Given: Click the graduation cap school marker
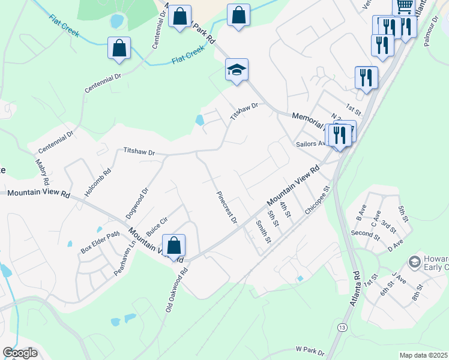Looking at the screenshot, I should coord(237,70).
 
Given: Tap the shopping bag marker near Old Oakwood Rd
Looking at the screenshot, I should coord(173,246).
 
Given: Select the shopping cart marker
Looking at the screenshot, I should coord(405,7).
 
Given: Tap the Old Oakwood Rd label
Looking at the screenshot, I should coord(177,290).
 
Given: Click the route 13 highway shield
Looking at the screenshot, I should coord(342,327).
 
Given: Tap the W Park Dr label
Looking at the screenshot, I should coord(310,349).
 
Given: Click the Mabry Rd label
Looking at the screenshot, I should coord(41,172).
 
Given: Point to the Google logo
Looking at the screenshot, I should coord(20,353).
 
